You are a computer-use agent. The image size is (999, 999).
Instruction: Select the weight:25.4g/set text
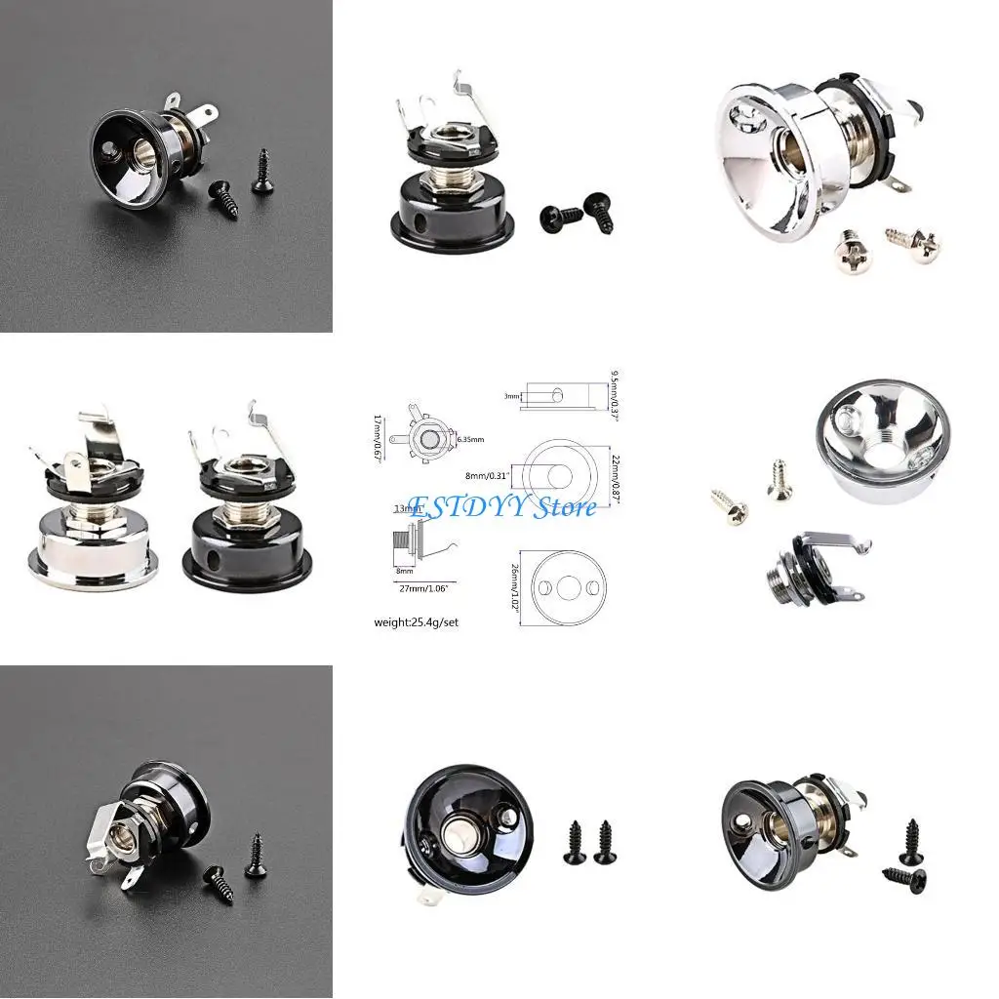417,621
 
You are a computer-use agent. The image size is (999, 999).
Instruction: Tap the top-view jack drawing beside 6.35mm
426,437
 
